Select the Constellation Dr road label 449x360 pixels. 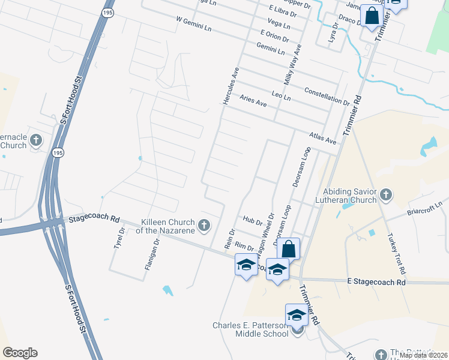327,95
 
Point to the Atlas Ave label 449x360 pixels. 323,138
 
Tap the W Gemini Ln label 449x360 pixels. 194,24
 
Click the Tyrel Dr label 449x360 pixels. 118,238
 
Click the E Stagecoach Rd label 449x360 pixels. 376,281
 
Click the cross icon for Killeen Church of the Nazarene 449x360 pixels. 204,226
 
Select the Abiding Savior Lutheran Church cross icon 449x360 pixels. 386,194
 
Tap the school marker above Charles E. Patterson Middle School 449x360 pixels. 297,314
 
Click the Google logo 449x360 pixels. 20,353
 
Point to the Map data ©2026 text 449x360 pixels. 423,355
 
